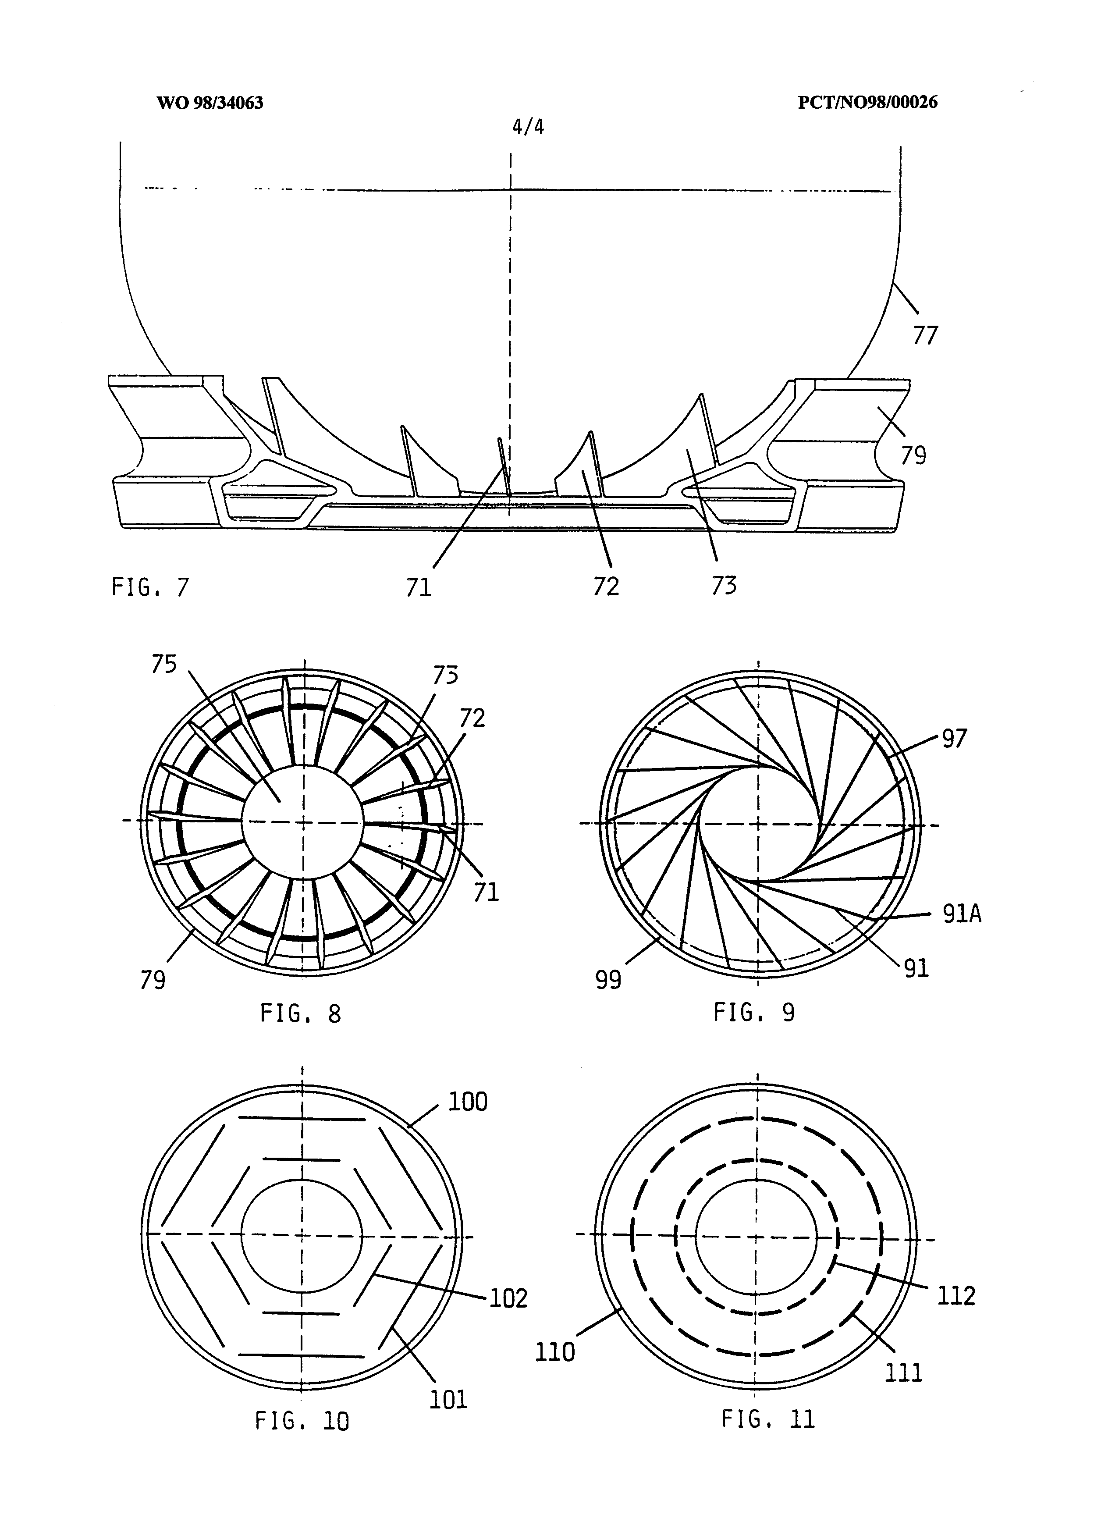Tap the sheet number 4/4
coord(527,127)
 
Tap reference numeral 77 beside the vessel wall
coord(925,335)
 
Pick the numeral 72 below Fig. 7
coord(606,587)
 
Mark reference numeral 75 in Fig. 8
coord(163,664)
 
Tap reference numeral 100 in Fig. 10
coord(468,1102)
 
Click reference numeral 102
coord(508,1298)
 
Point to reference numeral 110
coord(554,1351)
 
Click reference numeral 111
coord(903,1372)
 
